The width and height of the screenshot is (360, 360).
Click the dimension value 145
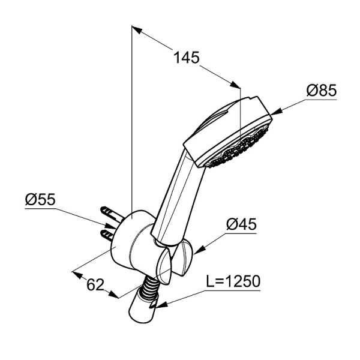pos(186,58)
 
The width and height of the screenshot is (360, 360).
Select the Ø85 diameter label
pos(321,91)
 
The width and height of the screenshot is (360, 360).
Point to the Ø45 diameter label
pos(241,224)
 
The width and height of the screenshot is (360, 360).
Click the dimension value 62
pos(96,284)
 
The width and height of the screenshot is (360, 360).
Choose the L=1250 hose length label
pos(233,281)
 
